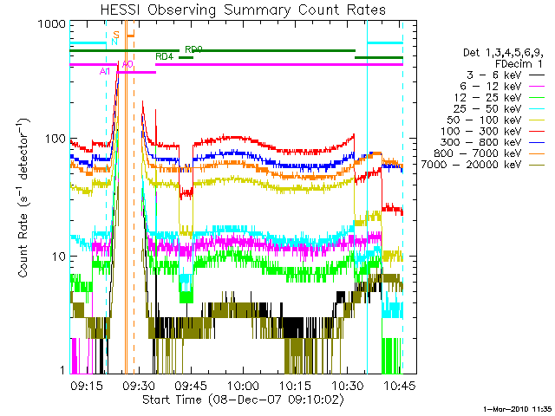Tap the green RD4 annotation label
coord(164,56)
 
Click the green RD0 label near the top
coord(194,50)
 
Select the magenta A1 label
coord(105,69)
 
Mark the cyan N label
coord(114,41)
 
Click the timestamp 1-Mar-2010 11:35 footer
coord(516,407)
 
